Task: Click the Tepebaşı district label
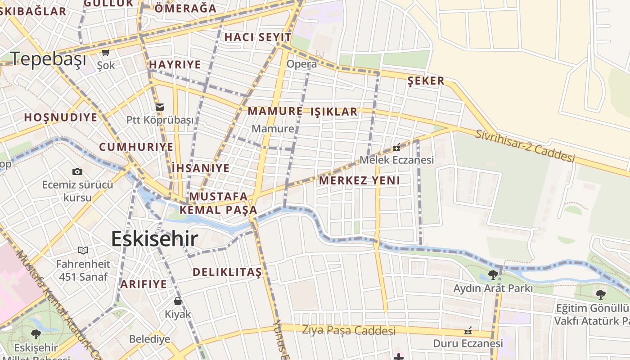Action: tap(48, 59)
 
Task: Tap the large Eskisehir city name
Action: tap(154, 239)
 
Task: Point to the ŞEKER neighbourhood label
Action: tap(426, 81)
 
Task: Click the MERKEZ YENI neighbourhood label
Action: tap(360, 181)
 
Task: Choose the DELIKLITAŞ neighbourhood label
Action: tap(227, 272)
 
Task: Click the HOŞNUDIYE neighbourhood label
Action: tap(61, 118)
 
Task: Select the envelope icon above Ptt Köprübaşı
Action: tap(160, 107)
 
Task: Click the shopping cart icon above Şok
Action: tap(106, 53)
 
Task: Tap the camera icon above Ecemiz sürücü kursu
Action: tap(77, 171)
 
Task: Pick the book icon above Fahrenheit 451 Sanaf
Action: tap(83, 250)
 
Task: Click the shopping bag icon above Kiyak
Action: tap(178, 301)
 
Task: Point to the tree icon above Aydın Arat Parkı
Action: tap(493, 274)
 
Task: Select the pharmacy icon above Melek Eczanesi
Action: tap(396, 147)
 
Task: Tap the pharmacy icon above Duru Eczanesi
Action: tap(468, 331)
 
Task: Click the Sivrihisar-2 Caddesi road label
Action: tap(526, 145)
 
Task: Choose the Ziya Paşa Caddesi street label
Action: tap(349, 331)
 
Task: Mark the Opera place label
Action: tap(301, 64)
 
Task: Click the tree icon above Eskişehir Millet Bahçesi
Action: tap(36, 334)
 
